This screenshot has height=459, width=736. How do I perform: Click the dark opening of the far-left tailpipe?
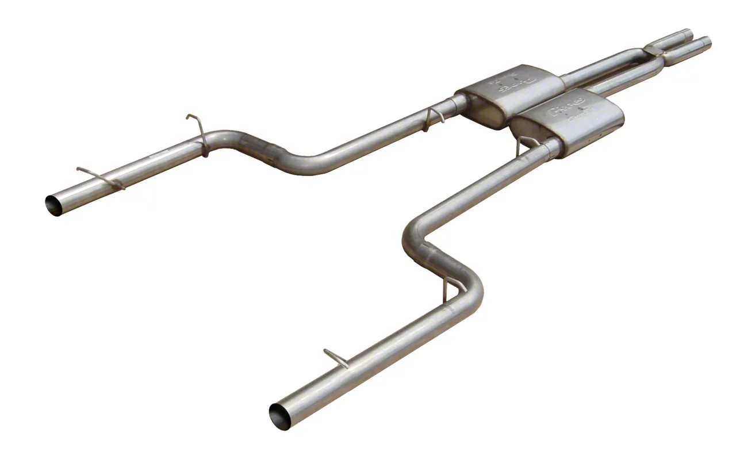click(53, 204)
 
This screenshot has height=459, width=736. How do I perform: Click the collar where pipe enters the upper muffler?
click(460, 104)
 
